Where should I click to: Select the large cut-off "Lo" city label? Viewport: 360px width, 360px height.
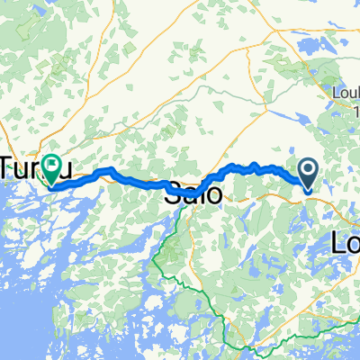click(x=346, y=243)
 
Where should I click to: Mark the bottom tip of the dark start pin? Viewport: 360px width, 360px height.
click(x=307, y=190)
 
